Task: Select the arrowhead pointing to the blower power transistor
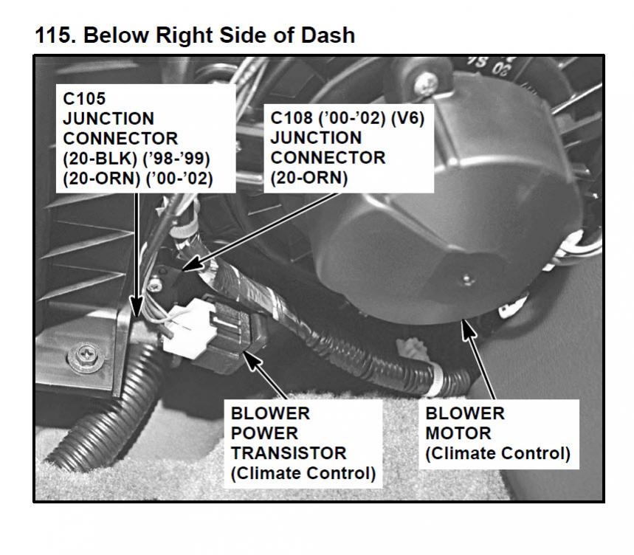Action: [x=249, y=357]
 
